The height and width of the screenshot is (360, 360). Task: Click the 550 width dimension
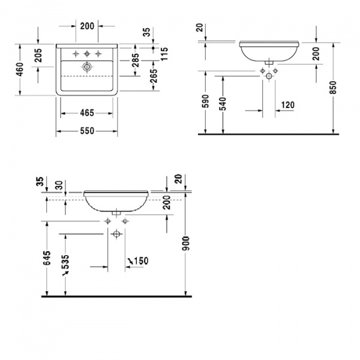click(87, 131)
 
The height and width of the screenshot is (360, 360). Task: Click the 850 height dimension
click(340, 90)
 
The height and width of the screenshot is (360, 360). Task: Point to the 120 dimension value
click(288, 106)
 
